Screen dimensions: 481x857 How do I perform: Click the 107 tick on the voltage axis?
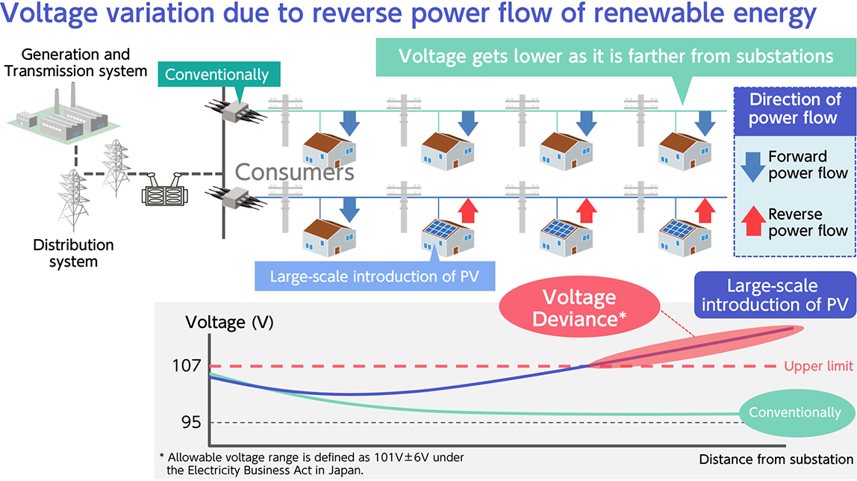coord(187,366)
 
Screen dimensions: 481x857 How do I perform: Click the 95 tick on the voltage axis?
coord(190,423)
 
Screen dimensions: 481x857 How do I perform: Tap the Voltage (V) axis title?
coord(229,323)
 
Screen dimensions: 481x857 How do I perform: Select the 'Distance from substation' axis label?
coord(776,459)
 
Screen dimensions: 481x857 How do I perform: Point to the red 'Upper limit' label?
coord(818,366)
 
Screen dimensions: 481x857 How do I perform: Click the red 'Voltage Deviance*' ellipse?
coord(579,308)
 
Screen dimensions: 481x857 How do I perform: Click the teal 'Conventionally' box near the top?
coord(216,75)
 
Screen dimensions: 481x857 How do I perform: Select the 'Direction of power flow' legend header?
coord(794,109)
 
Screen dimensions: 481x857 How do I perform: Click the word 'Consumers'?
coord(294,173)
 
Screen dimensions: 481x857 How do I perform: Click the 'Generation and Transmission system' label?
coord(75,63)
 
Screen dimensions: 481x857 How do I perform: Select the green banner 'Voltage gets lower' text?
coord(616,57)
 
